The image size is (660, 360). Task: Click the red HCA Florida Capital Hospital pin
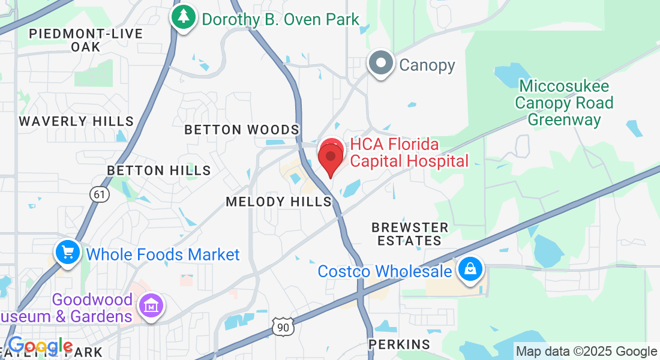click(x=330, y=157)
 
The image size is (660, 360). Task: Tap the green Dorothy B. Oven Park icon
click(x=183, y=17)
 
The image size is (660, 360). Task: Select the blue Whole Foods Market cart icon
click(x=68, y=253)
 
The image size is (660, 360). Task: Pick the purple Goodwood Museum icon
click(x=150, y=305)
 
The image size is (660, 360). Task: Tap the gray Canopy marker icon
click(x=380, y=64)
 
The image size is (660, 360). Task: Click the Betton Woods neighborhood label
click(x=242, y=130)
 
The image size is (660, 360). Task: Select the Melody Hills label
click(x=279, y=202)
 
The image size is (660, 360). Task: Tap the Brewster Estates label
click(x=410, y=234)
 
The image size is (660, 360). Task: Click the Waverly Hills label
click(x=76, y=121)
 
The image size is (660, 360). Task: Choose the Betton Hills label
click(x=159, y=170)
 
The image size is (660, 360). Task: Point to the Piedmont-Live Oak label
click(x=86, y=40)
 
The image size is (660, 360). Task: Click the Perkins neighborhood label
click(x=400, y=344)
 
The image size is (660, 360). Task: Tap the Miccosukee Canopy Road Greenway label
click(x=564, y=103)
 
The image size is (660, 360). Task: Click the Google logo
click(x=40, y=346)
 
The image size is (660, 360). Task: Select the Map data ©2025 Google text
click(x=586, y=352)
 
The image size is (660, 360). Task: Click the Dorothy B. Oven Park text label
click(x=280, y=19)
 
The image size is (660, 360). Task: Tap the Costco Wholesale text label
click(x=385, y=271)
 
